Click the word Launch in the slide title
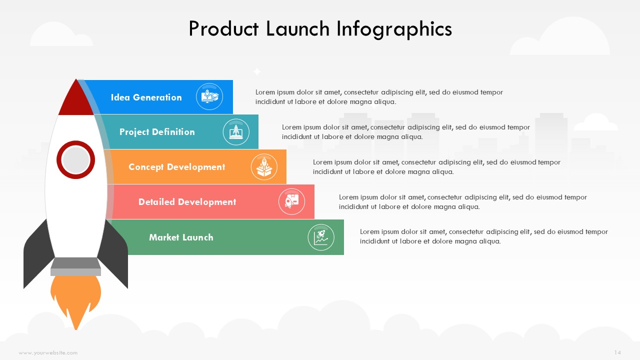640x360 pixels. [x=297, y=29]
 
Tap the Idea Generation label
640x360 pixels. [x=146, y=97]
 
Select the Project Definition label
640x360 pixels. [x=157, y=132]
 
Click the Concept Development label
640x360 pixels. [x=177, y=167]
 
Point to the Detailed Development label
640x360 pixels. [x=187, y=202]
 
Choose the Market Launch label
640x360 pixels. [x=181, y=237]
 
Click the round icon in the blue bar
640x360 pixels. [x=209, y=96]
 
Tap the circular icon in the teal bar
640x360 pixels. [x=236, y=132]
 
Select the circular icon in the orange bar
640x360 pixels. [x=264, y=167]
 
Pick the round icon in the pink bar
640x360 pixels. [x=291, y=201]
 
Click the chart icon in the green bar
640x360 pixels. [x=321, y=237]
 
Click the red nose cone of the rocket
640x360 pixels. [x=76, y=100]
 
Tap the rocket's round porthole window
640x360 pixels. [x=75, y=159]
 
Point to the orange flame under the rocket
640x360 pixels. [x=75, y=298]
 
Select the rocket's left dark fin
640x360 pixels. [x=37, y=254]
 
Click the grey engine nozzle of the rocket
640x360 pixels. [x=75, y=266]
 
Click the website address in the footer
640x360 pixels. [x=48, y=353]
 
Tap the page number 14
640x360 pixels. [x=617, y=352]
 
